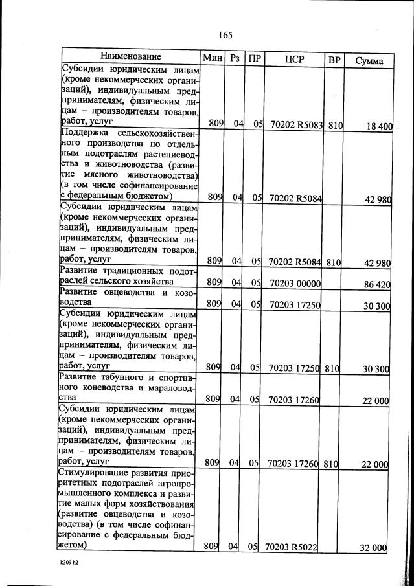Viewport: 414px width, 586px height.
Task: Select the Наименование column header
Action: coord(130,58)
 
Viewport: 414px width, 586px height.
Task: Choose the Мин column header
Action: coord(213,58)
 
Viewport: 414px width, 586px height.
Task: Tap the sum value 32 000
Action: coord(374,548)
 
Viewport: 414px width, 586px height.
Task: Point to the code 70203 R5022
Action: coord(291,547)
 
